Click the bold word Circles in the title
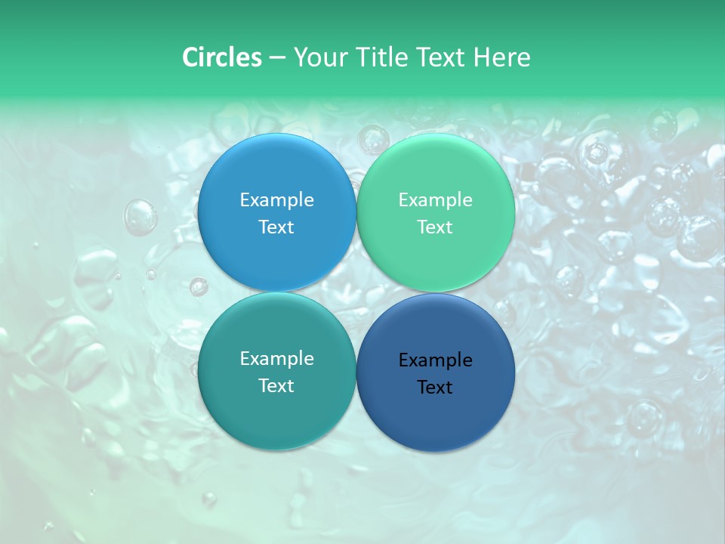tap(221, 57)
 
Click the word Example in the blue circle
tap(276, 200)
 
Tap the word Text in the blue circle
tap(276, 227)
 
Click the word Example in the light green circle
tap(436, 200)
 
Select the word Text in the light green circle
tap(436, 227)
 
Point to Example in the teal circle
tap(276, 359)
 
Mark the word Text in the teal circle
tap(276, 386)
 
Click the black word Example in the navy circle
tap(436, 360)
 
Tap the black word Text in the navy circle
tap(436, 388)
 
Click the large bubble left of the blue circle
tap(140, 217)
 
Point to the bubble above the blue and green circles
tap(372, 141)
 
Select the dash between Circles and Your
tap(277, 58)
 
